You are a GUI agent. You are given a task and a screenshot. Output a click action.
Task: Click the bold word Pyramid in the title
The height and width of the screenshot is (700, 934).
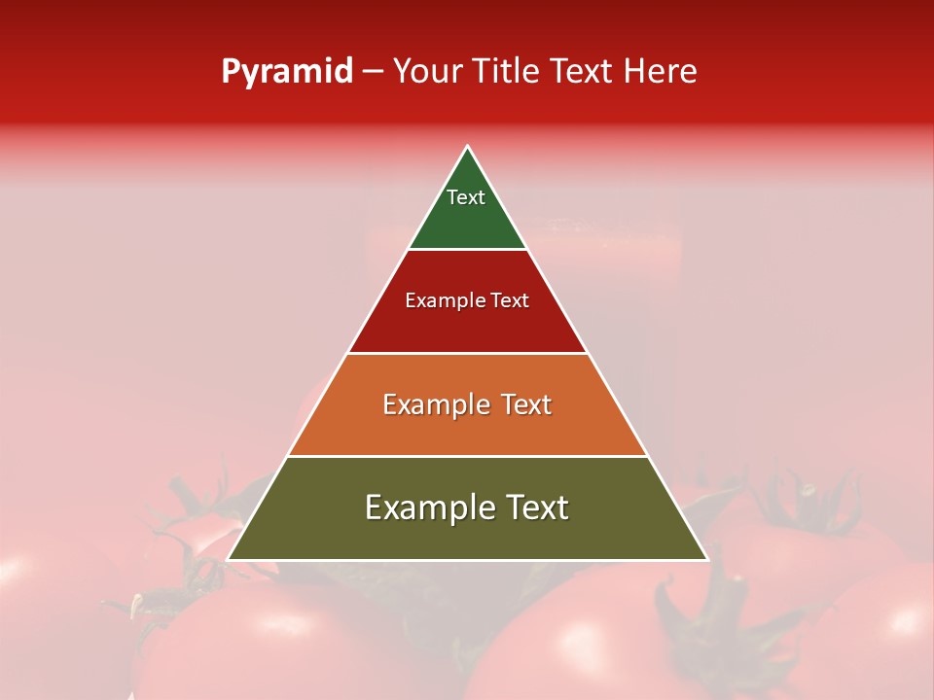pyautogui.click(x=287, y=71)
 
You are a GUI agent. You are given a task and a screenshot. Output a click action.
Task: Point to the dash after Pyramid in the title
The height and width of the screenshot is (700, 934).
pyautogui.click(x=373, y=71)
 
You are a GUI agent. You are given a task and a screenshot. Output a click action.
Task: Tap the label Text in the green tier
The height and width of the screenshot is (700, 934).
pyautogui.click(x=466, y=197)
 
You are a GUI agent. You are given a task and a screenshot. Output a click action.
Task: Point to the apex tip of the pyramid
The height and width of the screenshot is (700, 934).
pyautogui.click(x=468, y=147)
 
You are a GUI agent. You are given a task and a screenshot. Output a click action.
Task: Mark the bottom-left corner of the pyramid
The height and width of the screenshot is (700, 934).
pyautogui.click(x=229, y=559)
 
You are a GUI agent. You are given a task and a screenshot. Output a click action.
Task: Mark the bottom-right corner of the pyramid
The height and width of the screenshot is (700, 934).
pyautogui.click(x=706, y=559)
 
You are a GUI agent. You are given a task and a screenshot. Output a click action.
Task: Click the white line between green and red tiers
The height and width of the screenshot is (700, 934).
pyautogui.click(x=467, y=250)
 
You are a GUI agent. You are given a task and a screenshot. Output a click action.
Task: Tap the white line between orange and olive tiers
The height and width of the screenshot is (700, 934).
pyautogui.click(x=467, y=456)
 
